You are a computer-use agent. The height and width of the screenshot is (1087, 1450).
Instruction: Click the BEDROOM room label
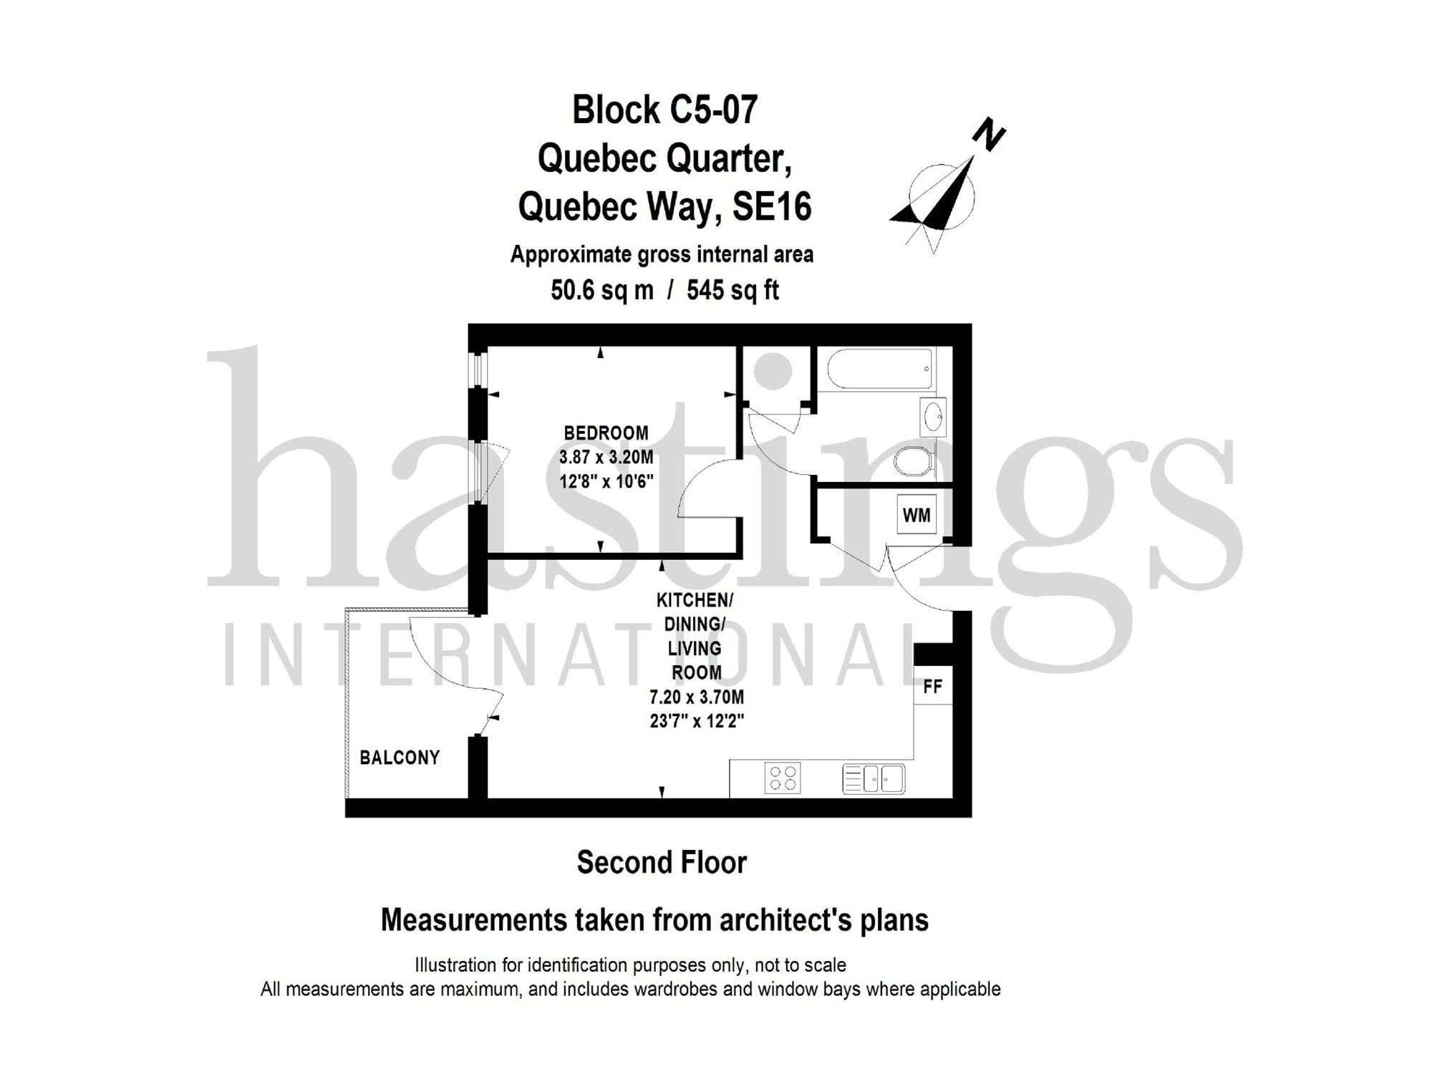[606, 433]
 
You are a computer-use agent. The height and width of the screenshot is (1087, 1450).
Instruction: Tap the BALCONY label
[400, 758]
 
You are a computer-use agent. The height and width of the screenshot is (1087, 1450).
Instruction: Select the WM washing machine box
[917, 515]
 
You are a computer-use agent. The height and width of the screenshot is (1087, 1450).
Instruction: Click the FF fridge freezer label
[932, 687]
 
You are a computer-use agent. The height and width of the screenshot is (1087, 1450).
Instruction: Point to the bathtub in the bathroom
[880, 369]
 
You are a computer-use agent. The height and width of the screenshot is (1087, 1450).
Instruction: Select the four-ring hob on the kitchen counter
[782, 778]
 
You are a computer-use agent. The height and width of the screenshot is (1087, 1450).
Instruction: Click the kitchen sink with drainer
[874, 778]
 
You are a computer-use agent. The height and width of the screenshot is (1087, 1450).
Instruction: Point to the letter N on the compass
[989, 135]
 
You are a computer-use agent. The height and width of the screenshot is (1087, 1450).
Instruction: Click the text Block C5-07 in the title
[664, 110]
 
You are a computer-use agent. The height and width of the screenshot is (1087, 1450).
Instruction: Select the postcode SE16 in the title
[771, 208]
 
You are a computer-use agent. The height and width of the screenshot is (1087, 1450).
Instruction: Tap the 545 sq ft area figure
[733, 290]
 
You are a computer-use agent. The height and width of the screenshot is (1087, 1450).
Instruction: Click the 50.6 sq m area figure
[602, 290]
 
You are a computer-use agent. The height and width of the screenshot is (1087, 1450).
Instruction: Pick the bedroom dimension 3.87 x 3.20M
[606, 457]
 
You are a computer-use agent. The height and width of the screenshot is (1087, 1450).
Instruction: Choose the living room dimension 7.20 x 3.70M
[696, 697]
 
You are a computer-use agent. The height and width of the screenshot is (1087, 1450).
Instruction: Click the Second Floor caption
[662, 863]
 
